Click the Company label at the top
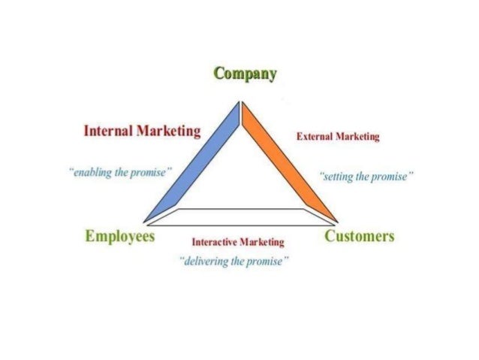(246, 74)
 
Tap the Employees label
(120, 237)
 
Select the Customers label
(359, 237)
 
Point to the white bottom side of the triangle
(240, 217)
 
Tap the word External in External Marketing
(315, 137)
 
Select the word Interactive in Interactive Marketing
(215, 242)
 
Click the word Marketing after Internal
(168, 132)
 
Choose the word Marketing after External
(357, 137)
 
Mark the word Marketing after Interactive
(262, 242)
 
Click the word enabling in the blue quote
(91, 172)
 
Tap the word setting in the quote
(338, 177)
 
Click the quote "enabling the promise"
(120, 172)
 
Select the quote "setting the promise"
(366, 177)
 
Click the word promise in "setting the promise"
(393, 177)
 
